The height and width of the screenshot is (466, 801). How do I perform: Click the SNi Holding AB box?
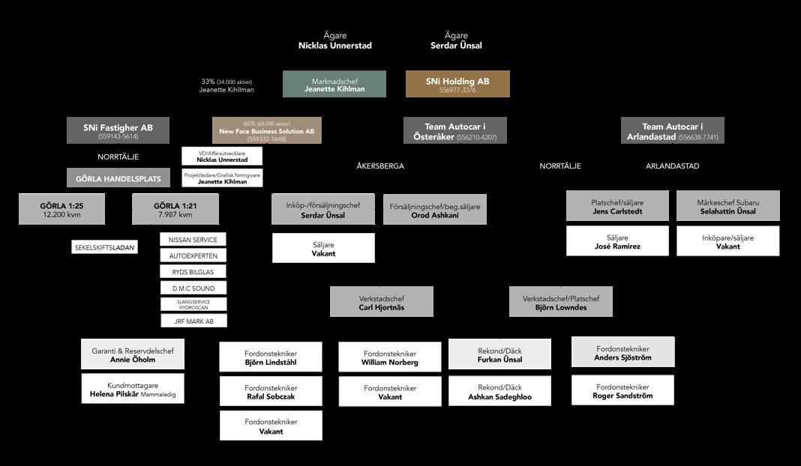pos(457,84)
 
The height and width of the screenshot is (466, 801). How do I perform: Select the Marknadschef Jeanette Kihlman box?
pos(334,84)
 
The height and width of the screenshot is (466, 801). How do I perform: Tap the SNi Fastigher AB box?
pos(118,130)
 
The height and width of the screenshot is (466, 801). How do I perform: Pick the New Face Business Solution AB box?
pos(266,130)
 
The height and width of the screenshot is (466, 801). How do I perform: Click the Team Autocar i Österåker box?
pos(455,130)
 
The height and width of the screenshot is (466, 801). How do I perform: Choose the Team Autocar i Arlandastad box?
pos(673,130)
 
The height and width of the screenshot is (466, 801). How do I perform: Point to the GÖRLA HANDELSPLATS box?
pos(118,178)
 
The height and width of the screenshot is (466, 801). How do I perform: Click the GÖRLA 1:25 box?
pos(61,209)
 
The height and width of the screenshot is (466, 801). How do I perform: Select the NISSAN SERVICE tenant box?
pos(193,240)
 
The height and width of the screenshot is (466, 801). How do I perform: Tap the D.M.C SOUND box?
pos(193,288)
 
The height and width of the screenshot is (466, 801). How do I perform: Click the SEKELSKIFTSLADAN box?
pos(105,247)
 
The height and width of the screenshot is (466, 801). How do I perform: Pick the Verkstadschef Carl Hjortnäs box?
pos(382,302)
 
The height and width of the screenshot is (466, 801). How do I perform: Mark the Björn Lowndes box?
pos(561,302)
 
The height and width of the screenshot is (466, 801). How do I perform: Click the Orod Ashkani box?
pos(435,210)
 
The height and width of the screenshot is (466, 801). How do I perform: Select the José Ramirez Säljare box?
pos(617,241)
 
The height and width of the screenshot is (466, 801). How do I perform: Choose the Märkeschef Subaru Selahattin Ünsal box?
pos(727,206)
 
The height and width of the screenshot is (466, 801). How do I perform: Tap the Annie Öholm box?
pos(133,354)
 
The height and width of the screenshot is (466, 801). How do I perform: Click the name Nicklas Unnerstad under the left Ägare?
pos(334,46)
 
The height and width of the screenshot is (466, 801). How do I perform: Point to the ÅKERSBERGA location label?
pos(380,166)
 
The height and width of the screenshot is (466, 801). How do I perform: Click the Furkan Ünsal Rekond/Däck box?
pos(499,354)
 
